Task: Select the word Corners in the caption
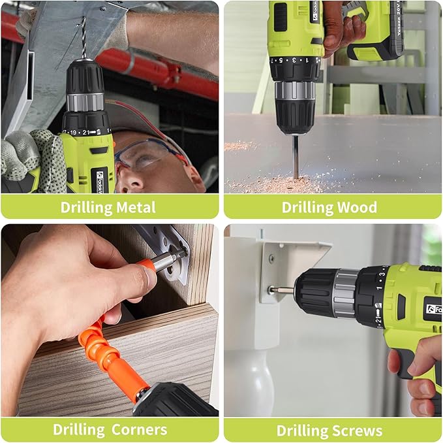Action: tap(138, 430)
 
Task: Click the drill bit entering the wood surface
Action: tap(295, 157)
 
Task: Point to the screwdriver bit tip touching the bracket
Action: tap(274, 289)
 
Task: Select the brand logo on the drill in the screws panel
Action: tap(431, 308)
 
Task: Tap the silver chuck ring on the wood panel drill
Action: tap(295, 90)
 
